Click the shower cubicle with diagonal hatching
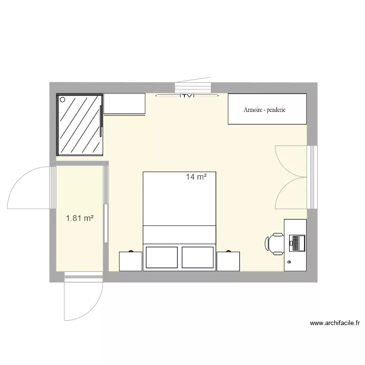[79, 124]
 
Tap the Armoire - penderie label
[265, 109]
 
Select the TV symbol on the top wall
[187, 96]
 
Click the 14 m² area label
[196, 177]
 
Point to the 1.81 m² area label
[80, 219]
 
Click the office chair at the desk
[275, 243]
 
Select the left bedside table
[130, 261]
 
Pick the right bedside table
[229, 261]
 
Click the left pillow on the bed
[162, 257]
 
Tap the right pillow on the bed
[198, 257]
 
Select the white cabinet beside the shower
[125, 104]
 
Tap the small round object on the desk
[289, 262]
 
